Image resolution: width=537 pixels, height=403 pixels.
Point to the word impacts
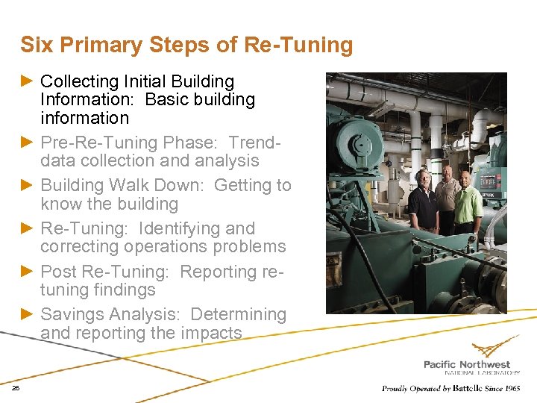(209, 333)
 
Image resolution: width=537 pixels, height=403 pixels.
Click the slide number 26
(16, 388)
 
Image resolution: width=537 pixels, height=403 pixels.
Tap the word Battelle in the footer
(468, 388)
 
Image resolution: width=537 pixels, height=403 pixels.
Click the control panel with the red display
(489, 182)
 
